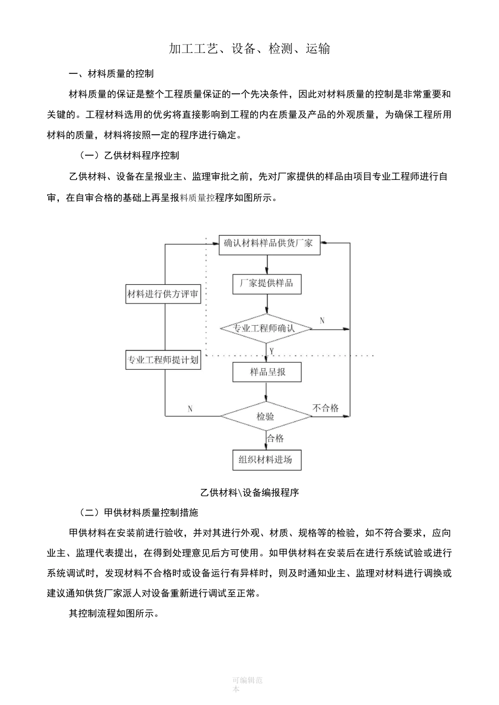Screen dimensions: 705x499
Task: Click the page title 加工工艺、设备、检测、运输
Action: (250, 49)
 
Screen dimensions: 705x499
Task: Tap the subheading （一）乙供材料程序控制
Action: (129, 155)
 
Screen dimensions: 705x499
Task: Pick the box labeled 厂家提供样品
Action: (267, 284)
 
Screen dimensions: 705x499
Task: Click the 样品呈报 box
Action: (267, 372)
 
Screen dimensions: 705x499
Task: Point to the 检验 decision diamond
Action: (265, 416)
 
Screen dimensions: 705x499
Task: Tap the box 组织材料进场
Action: (267, 460)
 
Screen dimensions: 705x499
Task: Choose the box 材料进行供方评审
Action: (163, 294)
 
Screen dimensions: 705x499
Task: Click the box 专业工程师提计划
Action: (163, 360)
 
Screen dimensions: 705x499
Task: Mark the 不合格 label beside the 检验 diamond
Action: (326, 408)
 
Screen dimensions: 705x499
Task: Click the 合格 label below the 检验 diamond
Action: (276, 439)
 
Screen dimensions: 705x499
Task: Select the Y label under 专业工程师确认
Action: (271, 349)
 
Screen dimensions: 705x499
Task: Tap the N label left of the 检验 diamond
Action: (190, 409)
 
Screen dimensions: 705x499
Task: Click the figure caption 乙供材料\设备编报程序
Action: (250, 493)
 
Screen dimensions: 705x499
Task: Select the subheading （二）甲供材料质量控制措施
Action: (138, 512)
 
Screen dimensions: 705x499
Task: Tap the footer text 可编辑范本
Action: (247, 685)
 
